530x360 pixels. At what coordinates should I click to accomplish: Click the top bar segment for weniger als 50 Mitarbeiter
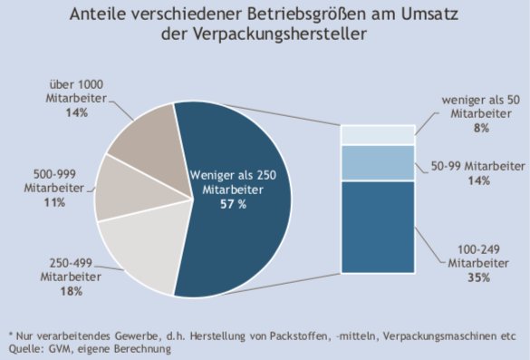[377, 134]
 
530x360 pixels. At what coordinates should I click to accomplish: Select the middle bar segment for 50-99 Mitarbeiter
[377, 162]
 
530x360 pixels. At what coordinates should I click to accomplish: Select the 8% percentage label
[480, 129]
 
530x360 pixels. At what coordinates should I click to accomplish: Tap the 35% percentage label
[480, 277]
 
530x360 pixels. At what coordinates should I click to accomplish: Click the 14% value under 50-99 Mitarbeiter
[480, 181]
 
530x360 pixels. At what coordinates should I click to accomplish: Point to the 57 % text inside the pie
[235, 205]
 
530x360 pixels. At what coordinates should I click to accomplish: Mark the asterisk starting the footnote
[11, 334]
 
